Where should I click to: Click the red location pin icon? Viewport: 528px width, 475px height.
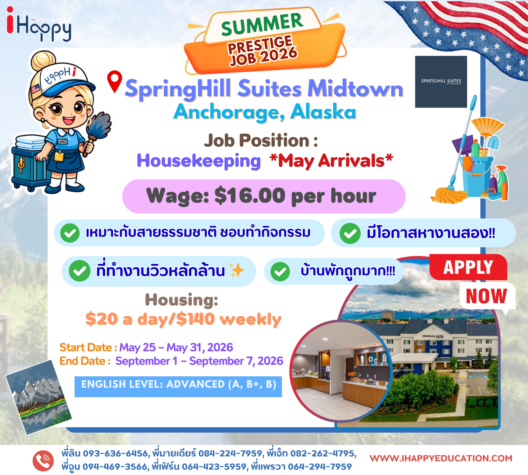[114, 81]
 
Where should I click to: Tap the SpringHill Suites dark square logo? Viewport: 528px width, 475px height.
[441, 82]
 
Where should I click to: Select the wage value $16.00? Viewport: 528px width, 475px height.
[250, 195]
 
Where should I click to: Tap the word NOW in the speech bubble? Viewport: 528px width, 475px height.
[487, 296]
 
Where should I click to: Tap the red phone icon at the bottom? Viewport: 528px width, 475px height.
[43, 461]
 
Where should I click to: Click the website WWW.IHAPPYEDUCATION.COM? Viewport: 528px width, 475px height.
[441, 458]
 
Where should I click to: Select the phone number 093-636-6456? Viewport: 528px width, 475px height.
[115, 453]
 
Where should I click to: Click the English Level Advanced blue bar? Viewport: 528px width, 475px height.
[178, 386]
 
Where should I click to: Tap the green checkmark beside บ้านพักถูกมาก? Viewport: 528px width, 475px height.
[280, 271]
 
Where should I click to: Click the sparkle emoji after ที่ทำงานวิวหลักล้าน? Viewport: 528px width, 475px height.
[236, 270]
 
